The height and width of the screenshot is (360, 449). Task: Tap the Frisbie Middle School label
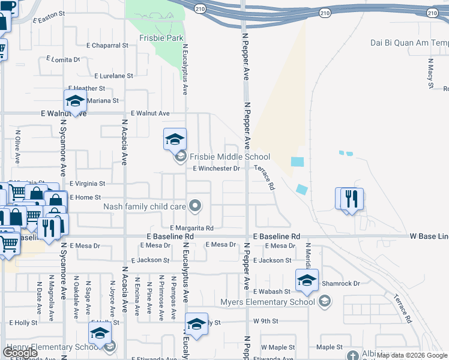click(229, 157)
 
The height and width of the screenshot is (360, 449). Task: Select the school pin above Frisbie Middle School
click(174, 140)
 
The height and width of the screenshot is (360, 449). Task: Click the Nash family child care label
click(145, 206)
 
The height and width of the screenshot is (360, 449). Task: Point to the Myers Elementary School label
click(267, 301)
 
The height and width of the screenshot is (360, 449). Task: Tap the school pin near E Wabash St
click(307, 280)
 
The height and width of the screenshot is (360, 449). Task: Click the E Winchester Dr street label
click(216, 169)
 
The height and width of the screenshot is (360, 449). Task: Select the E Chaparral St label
click(107, 45)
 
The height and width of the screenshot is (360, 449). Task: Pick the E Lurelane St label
click(113, 76)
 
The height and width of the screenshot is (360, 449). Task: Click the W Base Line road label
click(429, 236)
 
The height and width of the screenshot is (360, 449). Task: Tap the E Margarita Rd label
click(191, 228)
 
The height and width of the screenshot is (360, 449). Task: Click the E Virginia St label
click(87, 183)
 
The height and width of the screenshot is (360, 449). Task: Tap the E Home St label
click(85, 197)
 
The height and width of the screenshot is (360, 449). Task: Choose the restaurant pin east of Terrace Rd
click(351, 199)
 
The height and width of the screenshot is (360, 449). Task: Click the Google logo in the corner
click(20, 352)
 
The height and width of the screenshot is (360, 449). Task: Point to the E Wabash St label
click(272, 291)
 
